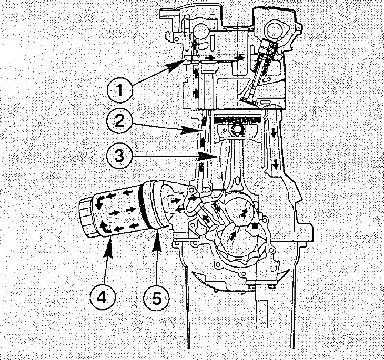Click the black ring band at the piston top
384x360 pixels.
pyautogui.click(x=237, y=117)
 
